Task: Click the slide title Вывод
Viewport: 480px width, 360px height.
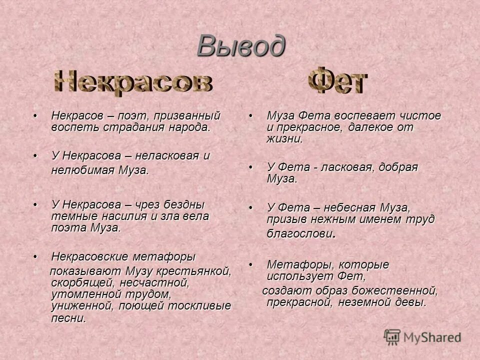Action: tap(240, 45)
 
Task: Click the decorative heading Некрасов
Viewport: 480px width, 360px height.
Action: tap(133, 83)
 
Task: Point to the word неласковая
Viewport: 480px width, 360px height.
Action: tap(168, 155)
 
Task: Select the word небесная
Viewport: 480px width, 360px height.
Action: tap(351, 207)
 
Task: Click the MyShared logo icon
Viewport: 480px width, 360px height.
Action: tap(392, 337)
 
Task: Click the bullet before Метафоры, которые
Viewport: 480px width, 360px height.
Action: tap(251, 264)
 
